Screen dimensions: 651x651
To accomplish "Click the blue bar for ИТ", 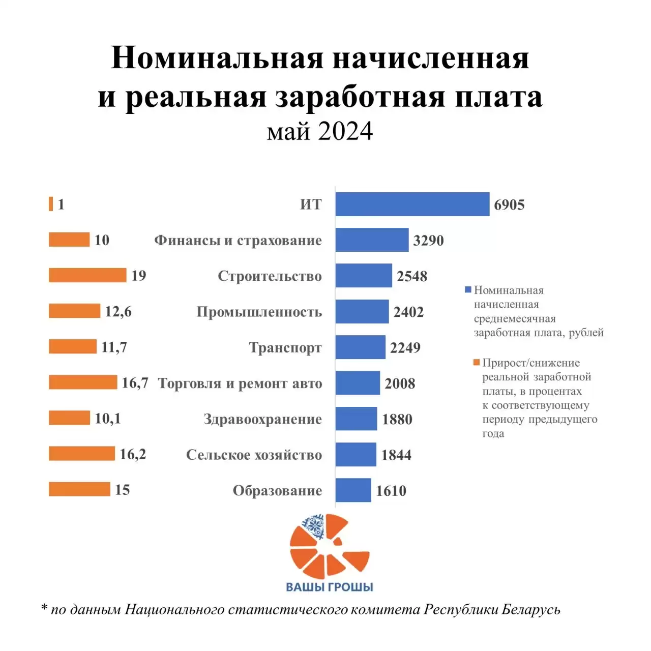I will [x=412, y=204].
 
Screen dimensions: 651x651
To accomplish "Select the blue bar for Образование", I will [x=353, y=490].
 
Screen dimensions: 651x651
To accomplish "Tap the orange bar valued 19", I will [x=87, y=275].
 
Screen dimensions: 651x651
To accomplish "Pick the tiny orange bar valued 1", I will [x=51, y=204].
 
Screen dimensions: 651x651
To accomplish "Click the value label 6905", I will [x=509, y=205].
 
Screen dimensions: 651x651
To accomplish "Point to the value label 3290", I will [x=428, y=241].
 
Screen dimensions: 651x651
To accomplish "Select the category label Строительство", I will [x=270, y=276].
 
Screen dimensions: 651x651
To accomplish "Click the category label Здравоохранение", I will [x=262, y=419].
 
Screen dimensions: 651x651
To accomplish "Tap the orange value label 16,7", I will [x=135, y=382].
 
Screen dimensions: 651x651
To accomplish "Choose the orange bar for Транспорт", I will [x=72, y=347].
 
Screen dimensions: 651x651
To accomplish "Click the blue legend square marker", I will [x=468, y=290].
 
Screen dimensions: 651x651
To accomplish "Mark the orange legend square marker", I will [x=477, y=363].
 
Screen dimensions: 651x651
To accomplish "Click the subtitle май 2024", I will [x=320, y=131].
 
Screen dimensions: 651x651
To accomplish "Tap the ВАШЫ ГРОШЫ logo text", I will [x=330, y=587].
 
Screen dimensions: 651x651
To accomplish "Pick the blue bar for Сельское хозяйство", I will [x=356, y=455].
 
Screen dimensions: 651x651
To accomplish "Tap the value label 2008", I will [x=400, y=383].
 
